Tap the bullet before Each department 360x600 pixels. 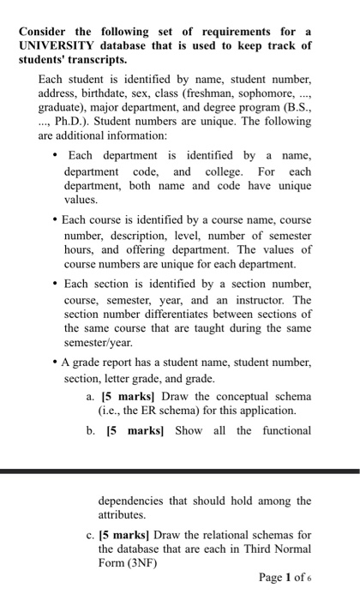(55, 156)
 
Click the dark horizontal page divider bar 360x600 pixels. (180, 471)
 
